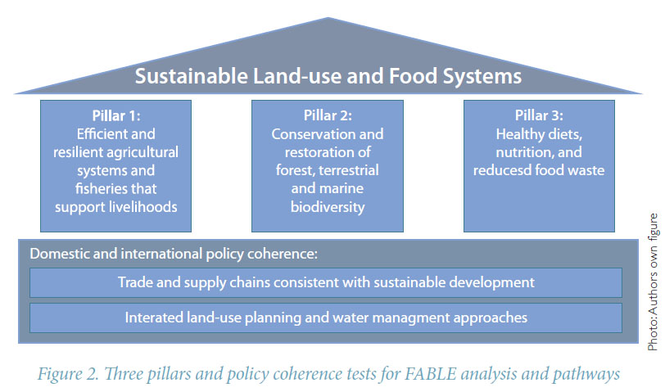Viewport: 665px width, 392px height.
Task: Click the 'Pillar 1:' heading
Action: (x=116, y=115)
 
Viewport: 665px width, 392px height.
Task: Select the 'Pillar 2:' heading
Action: (x=328, y=115)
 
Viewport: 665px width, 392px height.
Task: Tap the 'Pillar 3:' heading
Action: (x=539, y=115)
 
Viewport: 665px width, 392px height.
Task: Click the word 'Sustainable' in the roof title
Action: (x=192, y=76)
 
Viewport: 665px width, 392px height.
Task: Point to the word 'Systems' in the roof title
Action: (x=482, y=77)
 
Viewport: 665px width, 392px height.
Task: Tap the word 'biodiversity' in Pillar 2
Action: (x=328, y=207)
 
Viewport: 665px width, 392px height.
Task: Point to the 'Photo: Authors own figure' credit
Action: (x=654, y=282)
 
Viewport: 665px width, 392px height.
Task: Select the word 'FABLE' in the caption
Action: (x=431, y=374)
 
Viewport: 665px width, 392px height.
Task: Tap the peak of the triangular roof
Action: (x=328, y=18)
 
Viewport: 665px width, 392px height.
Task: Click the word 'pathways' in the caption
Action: (x=586, y=375)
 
